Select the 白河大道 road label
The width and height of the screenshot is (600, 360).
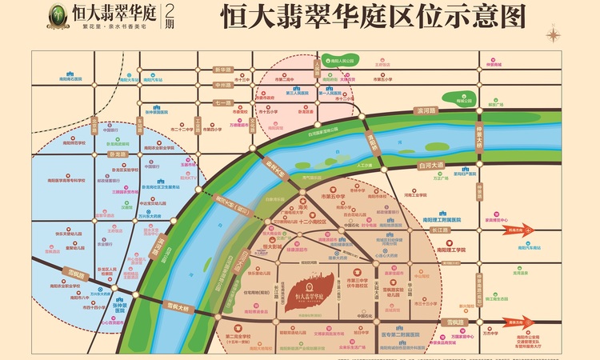tap(430, 164)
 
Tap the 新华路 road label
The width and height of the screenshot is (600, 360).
tap(222, 70)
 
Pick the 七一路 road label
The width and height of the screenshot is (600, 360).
tap(222, 103)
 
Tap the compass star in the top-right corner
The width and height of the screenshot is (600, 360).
tap(552, 34)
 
